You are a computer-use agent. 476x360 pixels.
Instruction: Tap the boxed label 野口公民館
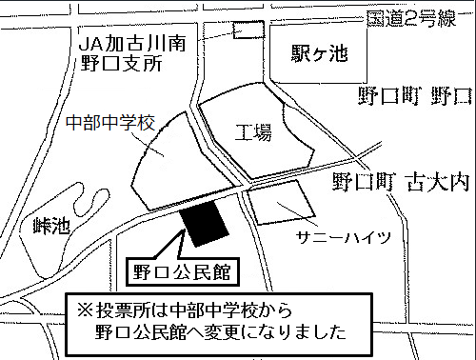pyautogui.click(x=182, y=270)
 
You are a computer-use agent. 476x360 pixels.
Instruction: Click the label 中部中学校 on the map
pyautogui.click(x=111, y=123)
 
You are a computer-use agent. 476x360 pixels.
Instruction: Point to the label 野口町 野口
pyautogui.click(x=414, y=95)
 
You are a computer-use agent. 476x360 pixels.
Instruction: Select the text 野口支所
pyautogui.click(x=121, y=63)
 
